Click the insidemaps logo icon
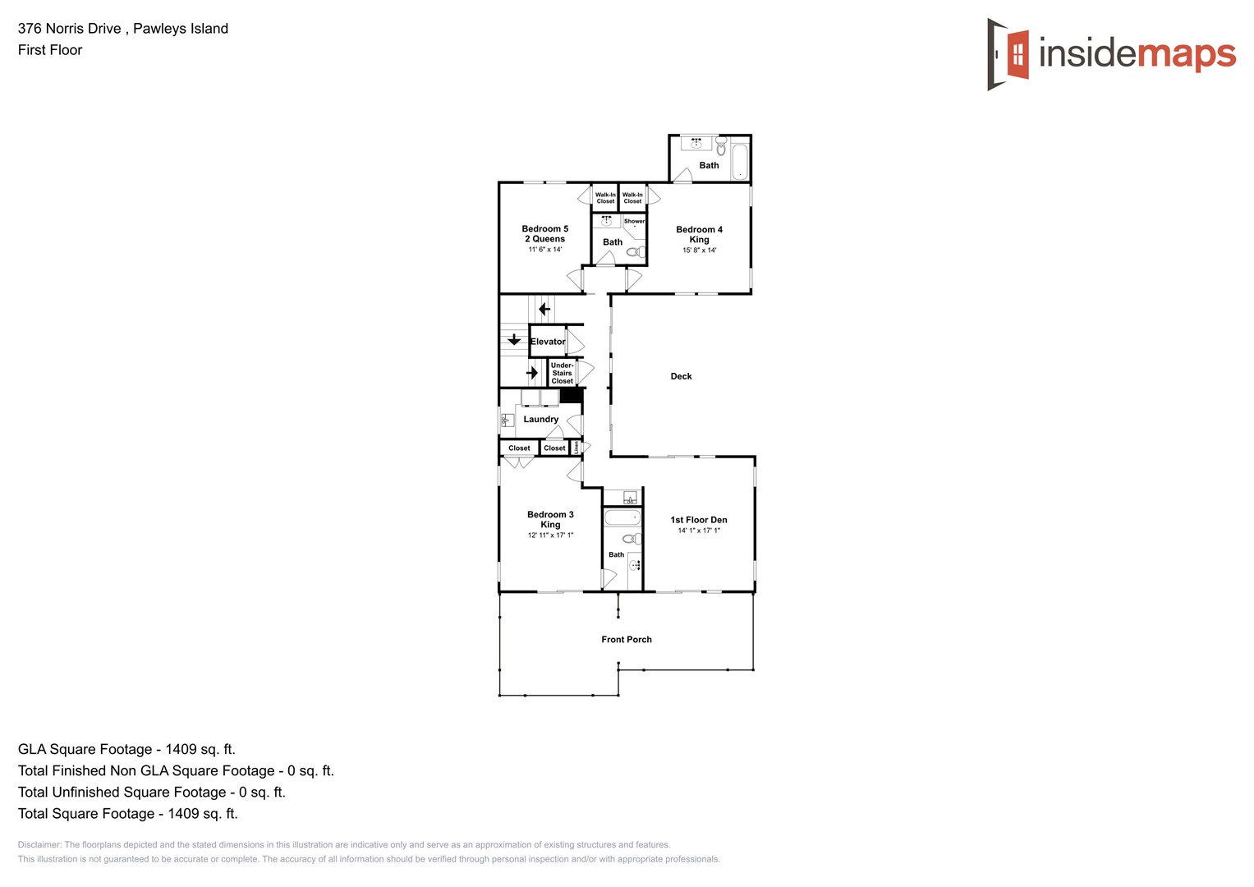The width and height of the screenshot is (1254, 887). pos(1008,54)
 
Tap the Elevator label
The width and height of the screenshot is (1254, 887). pos(548,342)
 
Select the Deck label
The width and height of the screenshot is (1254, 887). pos(681,376)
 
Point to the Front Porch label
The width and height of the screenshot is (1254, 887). pos(626,639)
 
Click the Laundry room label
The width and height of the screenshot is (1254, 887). pos(540,419)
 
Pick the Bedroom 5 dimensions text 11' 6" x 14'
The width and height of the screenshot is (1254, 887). pos(544,250)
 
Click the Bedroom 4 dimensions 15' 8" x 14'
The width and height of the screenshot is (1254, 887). pos(699,250)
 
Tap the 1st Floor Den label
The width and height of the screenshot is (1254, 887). pos(698,520)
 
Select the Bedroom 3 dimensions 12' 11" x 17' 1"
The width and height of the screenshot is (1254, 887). pos(550,535)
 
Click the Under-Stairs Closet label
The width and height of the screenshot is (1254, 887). pos(562,373)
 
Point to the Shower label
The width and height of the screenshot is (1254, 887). pos(634,221)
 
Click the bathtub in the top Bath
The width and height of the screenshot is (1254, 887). pos(739,161)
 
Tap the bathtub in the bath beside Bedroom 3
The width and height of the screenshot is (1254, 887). pos(622,517)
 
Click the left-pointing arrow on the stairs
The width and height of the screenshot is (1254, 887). pos(544,310)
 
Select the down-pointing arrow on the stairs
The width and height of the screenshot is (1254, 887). pos(514,339)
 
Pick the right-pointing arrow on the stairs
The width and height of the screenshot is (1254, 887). pos(532,372)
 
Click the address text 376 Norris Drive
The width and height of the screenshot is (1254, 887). pos(70,29)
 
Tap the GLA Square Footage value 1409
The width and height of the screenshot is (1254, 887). pos(181,749)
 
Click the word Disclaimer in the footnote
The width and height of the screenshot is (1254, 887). pos(39,844)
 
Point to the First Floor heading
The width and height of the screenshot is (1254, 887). pos(50,50)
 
